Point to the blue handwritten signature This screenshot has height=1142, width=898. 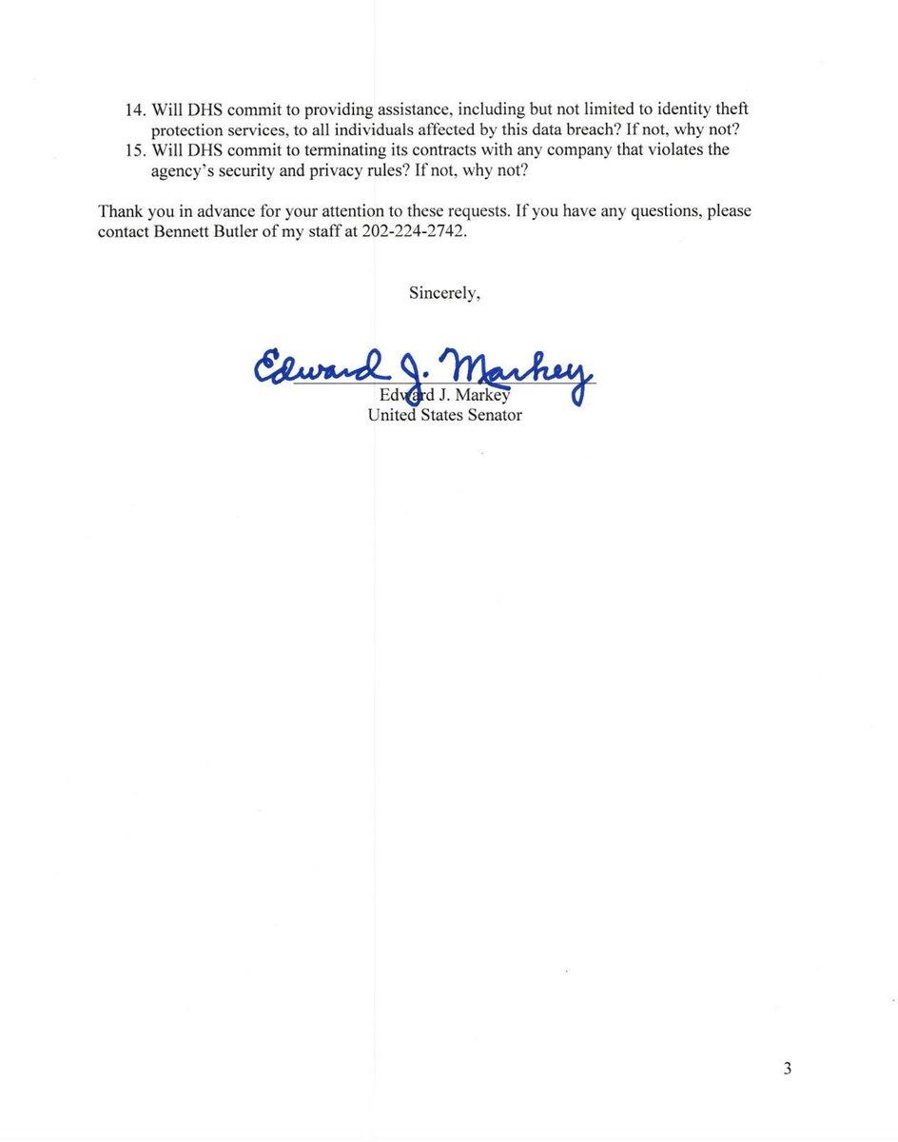coord(423,367)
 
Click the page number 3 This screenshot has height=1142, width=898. coord(787,1069)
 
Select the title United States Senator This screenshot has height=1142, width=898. coord(444,415)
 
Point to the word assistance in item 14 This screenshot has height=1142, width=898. coord(410,110)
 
